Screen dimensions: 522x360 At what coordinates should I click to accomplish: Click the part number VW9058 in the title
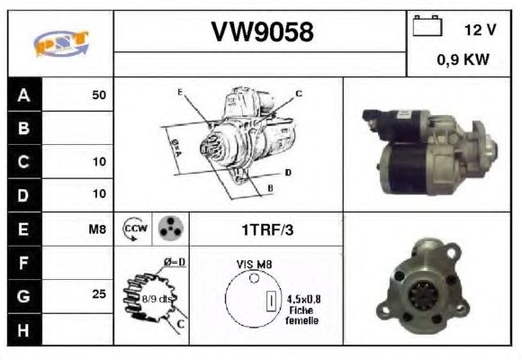(x=262, y=32)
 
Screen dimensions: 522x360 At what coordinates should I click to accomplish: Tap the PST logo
(x=61, y=43)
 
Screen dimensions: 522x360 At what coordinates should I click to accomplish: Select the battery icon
(x=427, y=25)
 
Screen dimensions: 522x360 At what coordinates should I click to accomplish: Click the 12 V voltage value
(x=480, y=30)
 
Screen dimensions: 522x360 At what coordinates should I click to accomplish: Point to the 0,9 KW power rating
(x=463, y=60)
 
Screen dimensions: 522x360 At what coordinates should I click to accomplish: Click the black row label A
(x=24, y=94)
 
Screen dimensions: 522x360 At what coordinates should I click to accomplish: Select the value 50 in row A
(x=99, y=94)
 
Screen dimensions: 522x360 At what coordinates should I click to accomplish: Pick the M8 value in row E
(x=97, y=229)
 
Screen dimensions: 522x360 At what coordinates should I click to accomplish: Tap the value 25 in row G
(x=99, y=294)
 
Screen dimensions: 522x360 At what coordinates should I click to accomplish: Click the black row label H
(x=23, y=329)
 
